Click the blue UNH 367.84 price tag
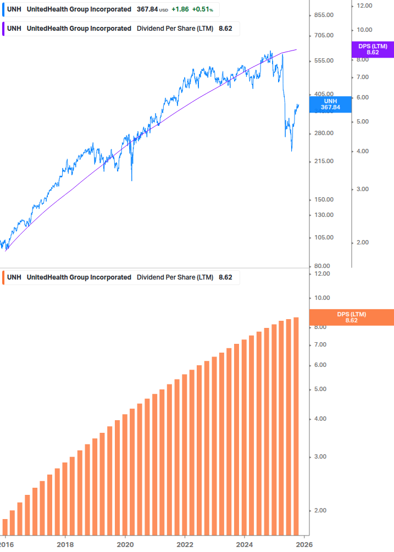coord(330,104)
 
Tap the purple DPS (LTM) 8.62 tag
coord(373,49)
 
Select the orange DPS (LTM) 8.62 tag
coord(352,317)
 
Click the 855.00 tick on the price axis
coord(323,15)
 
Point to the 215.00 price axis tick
coord(323,161)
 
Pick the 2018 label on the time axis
coord(65,544)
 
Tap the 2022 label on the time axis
coord(185,544)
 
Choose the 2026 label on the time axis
coord(304,544)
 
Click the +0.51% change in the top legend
coord(202,9)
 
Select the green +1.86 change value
coord(180,9)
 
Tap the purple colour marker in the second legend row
coord(3,29)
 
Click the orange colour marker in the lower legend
coord(3,277)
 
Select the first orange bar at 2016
coord(5,527)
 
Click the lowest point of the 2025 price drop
coord(291,150)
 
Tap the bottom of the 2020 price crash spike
coord(132,180)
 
